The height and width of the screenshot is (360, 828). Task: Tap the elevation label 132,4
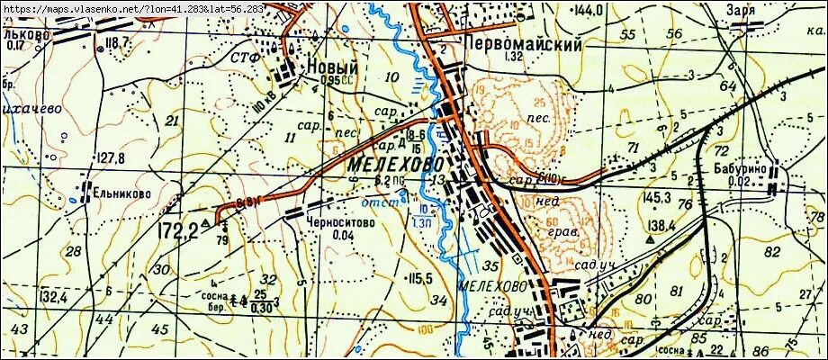pos(54,296)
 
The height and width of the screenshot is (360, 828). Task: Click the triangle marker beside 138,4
pos(650,239)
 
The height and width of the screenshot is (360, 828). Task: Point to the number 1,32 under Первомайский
pos(514,57)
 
